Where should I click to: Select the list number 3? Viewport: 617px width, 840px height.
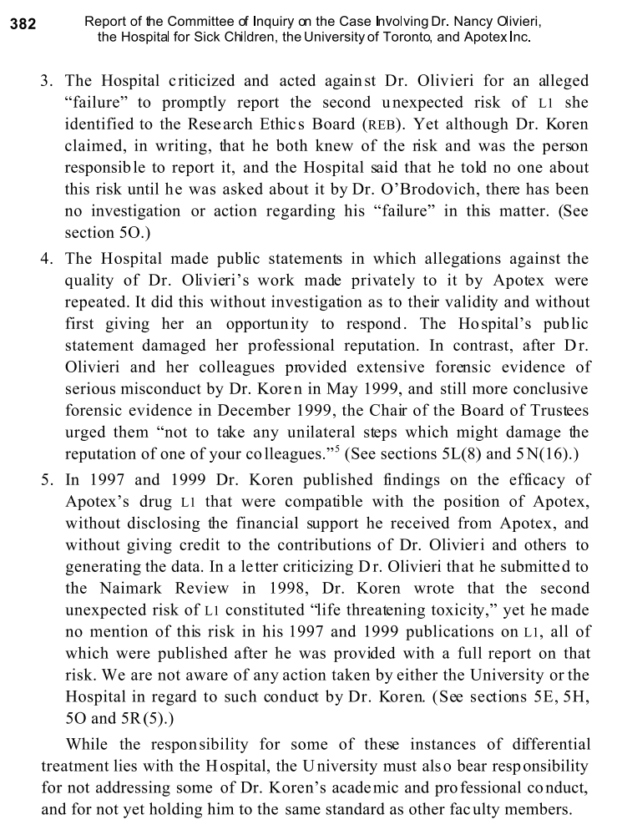(48, 81)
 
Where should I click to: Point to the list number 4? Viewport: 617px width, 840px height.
(48, 258)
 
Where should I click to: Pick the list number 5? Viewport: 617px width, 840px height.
(48, 479)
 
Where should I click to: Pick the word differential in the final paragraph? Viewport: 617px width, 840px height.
(545, 744)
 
